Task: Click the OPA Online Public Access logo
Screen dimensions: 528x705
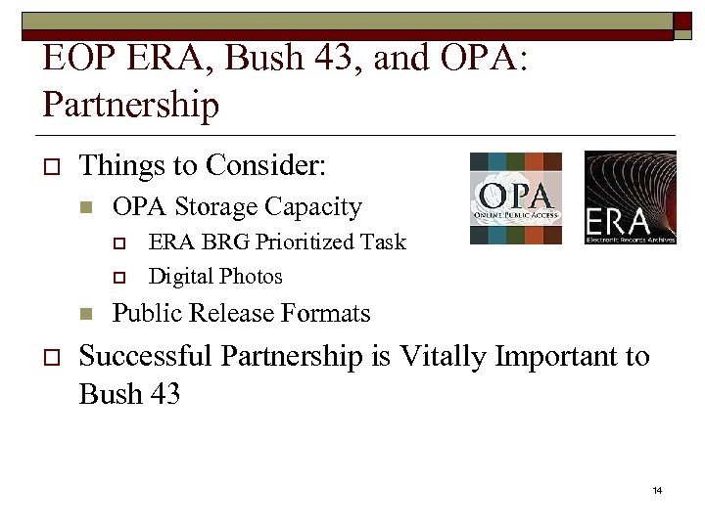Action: click(516, 198)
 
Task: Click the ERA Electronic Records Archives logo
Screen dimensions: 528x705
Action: click(630, 198)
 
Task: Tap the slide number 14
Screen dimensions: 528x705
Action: click(657, 489)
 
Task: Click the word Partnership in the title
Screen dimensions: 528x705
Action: click(131, 105)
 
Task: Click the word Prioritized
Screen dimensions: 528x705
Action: click(300, 242)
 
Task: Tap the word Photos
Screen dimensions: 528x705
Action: click(253, 277)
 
